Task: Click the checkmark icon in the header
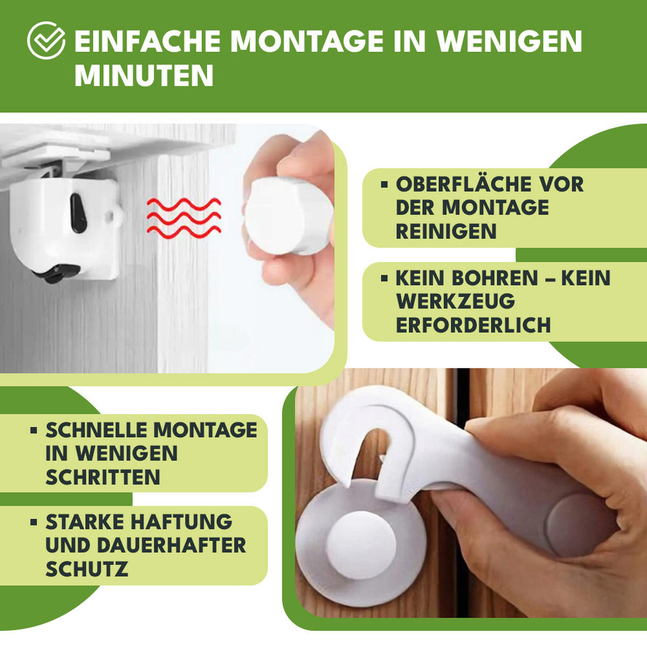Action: [x=46, y=40]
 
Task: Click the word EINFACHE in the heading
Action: [x=147, y=42]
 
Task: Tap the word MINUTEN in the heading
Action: [x=144, y=75]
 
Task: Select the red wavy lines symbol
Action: [x=184, y=218]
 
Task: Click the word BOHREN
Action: [x=494, y=279]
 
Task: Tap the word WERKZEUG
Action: [x=455, y=302]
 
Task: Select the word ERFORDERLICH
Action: [x=473, y=326]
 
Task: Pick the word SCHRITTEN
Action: [x=102, y=478]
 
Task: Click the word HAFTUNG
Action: [x=181, y=522]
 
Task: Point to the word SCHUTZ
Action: [x=86, y=569]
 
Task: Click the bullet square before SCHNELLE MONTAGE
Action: [x=34, y=430]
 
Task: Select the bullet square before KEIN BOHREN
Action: [x=384, y=279]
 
